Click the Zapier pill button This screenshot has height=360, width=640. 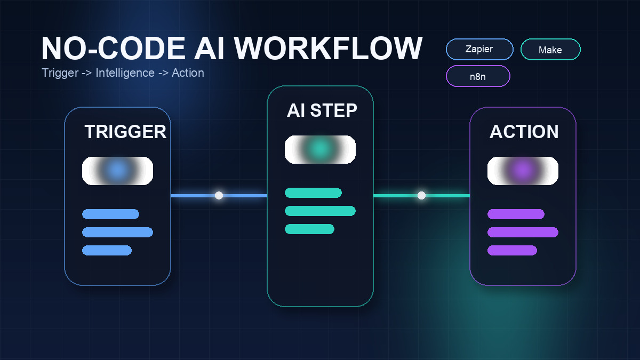(x=479, y=50)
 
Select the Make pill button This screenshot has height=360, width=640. (x=550, y=50)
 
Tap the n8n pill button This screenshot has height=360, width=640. (x=478, y=76)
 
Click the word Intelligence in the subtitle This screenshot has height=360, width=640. (x=125, y=73)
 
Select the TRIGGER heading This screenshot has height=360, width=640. (x=125, y=132)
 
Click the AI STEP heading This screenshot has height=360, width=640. (x=322, y=110)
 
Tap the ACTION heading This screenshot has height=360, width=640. (x=524, y=132)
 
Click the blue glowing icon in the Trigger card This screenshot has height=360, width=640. (x=117, y=171)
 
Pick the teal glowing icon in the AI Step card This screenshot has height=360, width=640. (x=320, y=149)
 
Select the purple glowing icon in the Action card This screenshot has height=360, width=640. (x=523, y=171)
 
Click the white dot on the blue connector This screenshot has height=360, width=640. (x=219, y=196)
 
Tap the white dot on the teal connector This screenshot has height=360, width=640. (x=421, y=196)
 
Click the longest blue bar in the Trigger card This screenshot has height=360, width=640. (x=117, y=232)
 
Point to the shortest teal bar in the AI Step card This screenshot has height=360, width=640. (x=309, y=229)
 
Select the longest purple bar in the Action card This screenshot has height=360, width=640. (x=523, y=232)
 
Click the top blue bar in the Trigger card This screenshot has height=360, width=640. (x=110, y=214)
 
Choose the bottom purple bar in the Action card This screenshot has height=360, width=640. (x=512, y=250)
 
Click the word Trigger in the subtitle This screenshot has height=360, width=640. (x=60, y=73)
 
